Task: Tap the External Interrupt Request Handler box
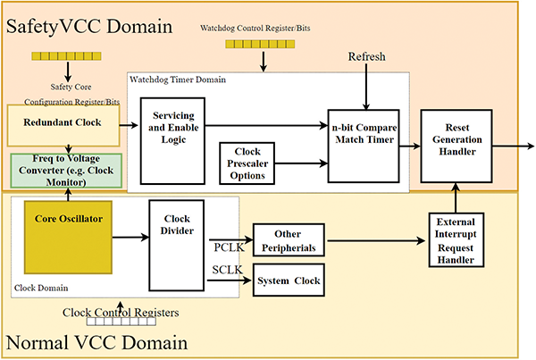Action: [x=457, y=239]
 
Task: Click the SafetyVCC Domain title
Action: [x=89, y=25]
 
